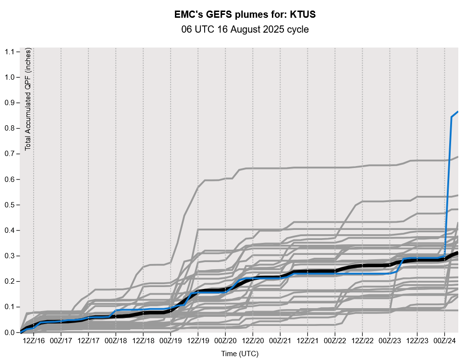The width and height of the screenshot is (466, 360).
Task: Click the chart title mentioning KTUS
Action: [245, 15]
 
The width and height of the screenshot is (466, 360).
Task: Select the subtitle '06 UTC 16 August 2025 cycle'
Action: [245, 30]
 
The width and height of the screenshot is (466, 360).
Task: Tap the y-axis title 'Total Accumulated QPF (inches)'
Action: [28, 99]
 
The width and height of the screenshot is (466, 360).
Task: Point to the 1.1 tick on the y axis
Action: [9, 52]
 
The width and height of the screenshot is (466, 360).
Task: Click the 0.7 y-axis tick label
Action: [9, 154]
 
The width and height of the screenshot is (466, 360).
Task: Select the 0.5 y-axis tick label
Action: [9, 205]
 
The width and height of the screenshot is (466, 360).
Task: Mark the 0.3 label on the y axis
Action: [9, 256]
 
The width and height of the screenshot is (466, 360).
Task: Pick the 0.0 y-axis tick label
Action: [9, 332]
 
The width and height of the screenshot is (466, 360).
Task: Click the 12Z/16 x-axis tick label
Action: [34, 340]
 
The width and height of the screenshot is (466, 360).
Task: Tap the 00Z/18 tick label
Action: [116, 340]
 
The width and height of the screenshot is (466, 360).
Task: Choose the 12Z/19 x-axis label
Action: [198, 340]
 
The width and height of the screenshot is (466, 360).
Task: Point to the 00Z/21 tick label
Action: [280, 340]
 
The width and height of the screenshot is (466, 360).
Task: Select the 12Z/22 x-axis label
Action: [362, 340]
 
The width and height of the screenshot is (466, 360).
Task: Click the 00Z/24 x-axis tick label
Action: [444, 340]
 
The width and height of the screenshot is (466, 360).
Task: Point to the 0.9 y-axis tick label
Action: [9, 103]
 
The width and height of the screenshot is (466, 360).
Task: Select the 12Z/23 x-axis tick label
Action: [417, 340]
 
